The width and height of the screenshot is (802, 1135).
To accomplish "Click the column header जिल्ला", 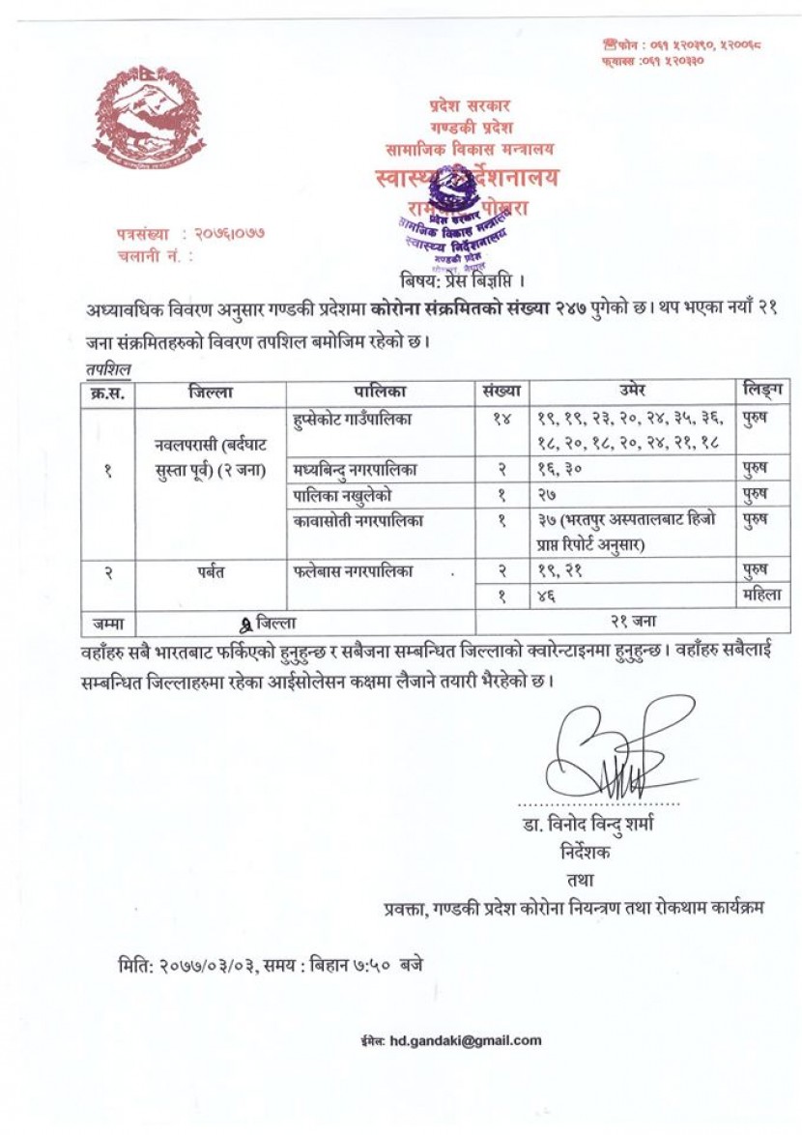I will (x=212, y=392).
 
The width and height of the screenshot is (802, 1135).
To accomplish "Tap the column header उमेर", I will (x=632, y=392).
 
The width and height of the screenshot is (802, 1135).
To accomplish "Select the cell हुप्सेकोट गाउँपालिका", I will (x=355, y=421).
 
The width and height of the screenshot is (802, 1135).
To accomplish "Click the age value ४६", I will (x=549, y=597).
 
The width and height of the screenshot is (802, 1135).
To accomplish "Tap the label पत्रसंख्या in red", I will (x=141, y=234).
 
